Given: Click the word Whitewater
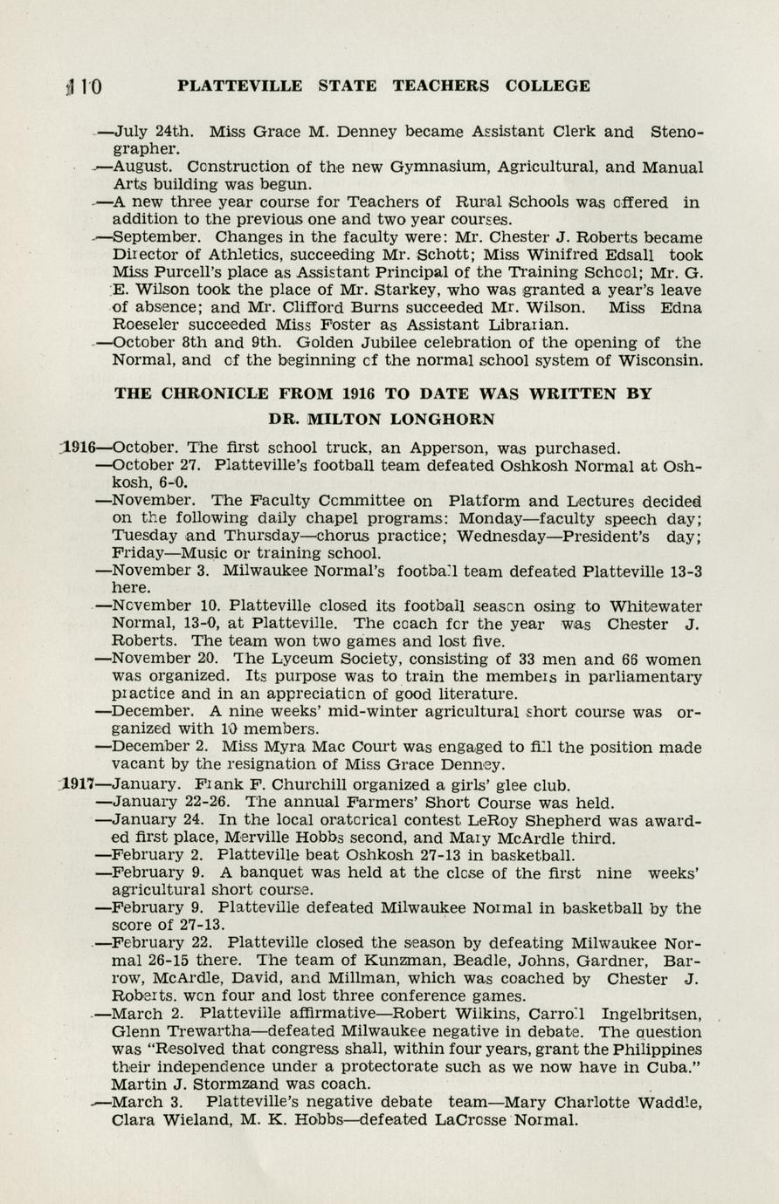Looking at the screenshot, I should tap(655, 606).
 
